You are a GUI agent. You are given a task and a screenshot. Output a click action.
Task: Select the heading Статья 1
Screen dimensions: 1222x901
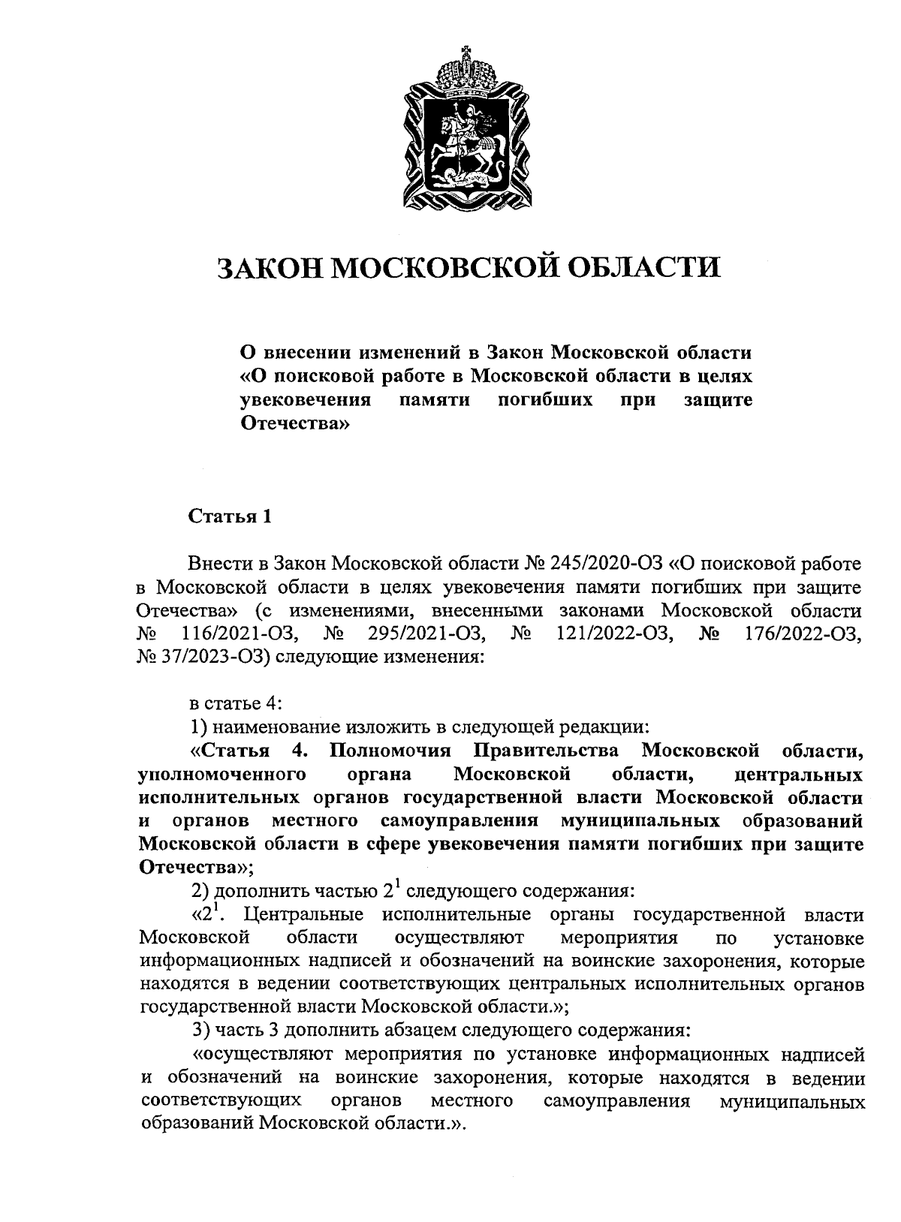pyautogui.click(x=229, y=516)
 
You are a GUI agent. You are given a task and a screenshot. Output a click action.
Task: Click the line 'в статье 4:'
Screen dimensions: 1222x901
pyautogui.click(x=236, y=703)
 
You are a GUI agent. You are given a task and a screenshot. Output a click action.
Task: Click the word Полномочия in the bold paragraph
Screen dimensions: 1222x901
pyautogui.click(x=390, y=751)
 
